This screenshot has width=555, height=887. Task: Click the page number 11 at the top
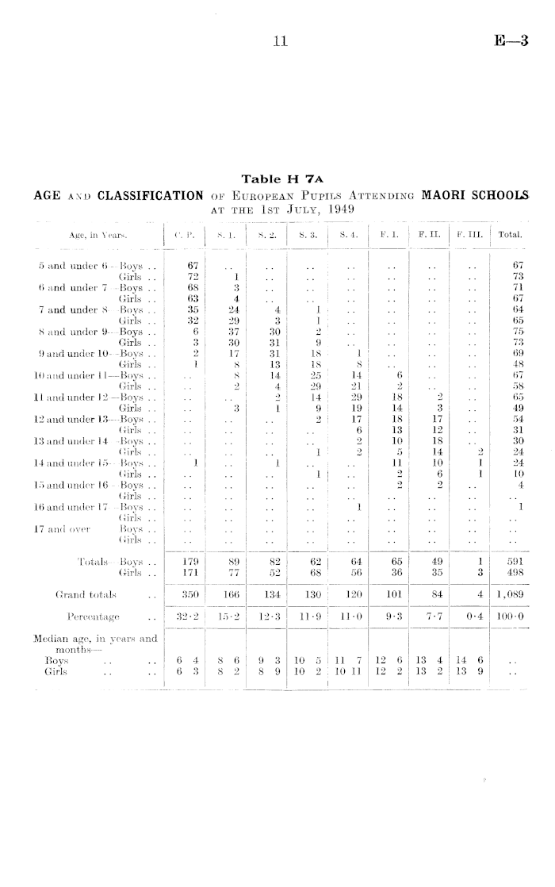point(278,45)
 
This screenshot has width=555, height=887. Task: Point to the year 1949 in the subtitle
point(338,209)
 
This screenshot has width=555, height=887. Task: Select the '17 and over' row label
point(53,528)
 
